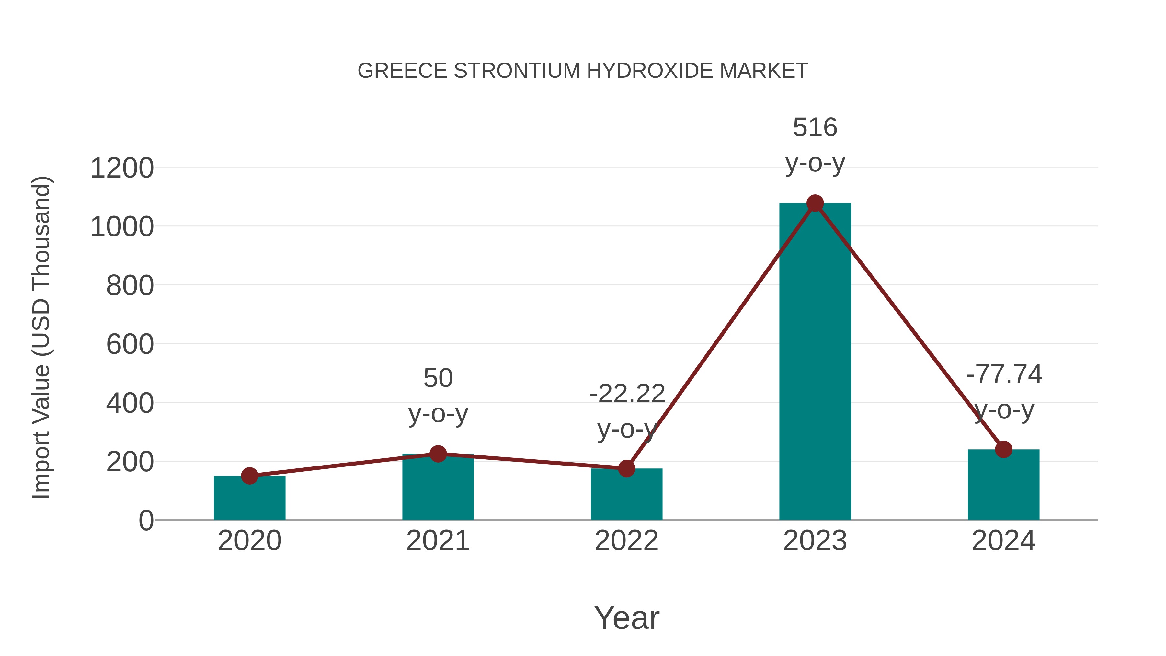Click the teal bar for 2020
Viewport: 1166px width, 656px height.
[x=249, y=498]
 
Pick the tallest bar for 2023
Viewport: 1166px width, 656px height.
[x=815, y=362]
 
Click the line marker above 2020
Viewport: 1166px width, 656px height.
[x=249, y=476]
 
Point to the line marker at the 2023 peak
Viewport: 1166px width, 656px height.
[x=815, y=203]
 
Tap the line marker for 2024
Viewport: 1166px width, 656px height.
[x=1003, y=450]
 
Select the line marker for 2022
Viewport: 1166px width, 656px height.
[x=626, y=468]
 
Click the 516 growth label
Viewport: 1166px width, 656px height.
[x=815, y=127]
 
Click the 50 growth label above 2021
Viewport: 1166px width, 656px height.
[x=438, y=378]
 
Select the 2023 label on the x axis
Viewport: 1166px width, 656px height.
[x=815, y=541]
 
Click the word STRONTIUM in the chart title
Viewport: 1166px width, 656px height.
[x=517, y=71]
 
